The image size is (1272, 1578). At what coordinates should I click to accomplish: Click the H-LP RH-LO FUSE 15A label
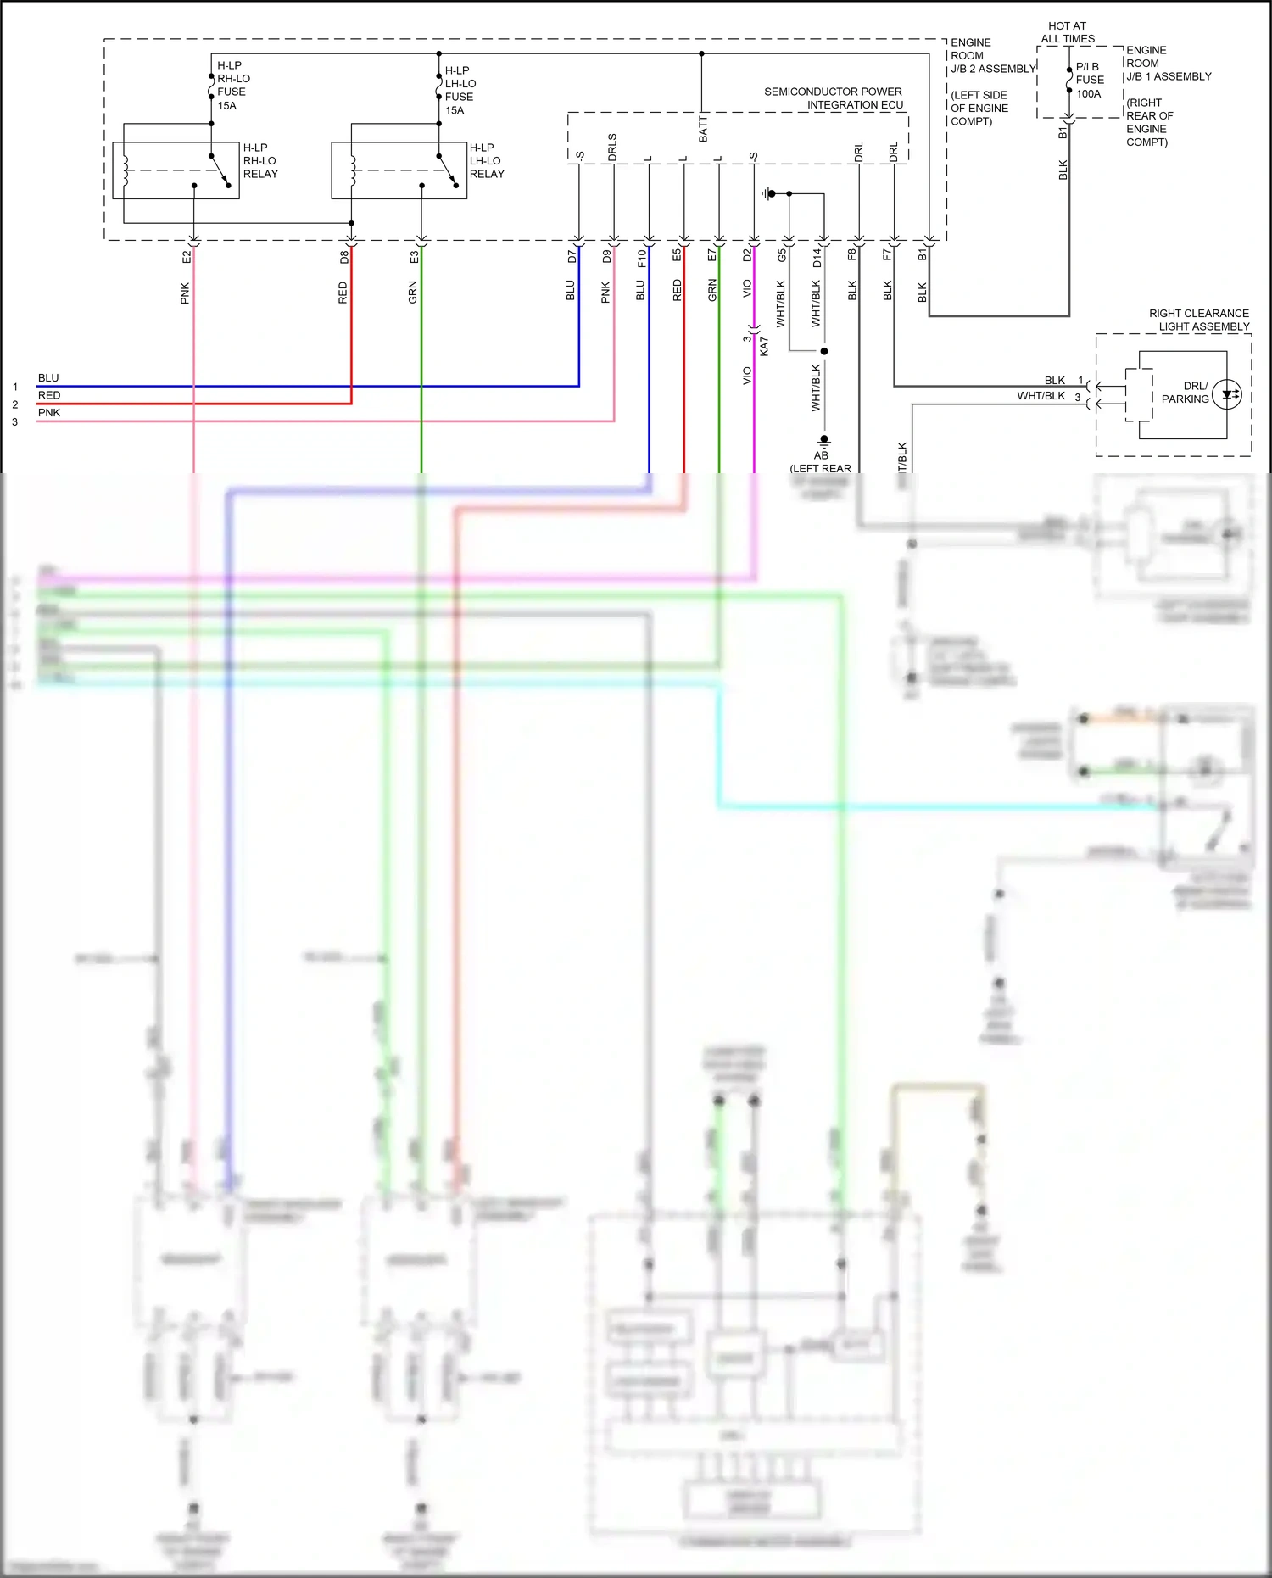[232, 85]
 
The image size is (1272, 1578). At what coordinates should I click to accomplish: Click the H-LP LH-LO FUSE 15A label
[460, 90]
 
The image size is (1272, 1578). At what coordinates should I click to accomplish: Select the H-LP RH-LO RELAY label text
[259, 160]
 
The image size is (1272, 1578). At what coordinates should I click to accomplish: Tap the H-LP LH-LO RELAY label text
[486, 160]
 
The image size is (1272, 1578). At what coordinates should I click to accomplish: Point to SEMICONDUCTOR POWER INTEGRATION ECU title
[834, 98]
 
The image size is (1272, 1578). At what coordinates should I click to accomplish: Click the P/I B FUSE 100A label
[1089, 80]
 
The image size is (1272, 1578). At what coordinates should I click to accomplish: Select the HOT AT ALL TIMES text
[1067, 32]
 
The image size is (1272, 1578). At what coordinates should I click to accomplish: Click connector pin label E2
[187, 256]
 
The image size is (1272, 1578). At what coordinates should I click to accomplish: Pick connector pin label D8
[344, 256]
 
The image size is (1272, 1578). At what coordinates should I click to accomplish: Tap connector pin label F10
[641, 258]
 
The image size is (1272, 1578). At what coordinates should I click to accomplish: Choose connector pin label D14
[817, 258]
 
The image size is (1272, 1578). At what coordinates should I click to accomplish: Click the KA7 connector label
[764, 346]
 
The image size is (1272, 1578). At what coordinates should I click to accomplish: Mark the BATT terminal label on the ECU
[703, 131]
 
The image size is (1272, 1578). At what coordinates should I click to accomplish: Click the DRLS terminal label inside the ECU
[612, 148]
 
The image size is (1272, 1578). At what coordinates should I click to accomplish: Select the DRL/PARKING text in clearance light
[1185, 393]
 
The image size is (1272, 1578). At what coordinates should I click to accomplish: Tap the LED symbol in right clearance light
[1227, 394]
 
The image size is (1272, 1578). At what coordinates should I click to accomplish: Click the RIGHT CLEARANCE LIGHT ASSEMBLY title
[1198, 320]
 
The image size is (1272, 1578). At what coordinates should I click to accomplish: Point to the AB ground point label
[821, 455]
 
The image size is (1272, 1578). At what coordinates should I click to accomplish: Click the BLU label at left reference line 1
[48, 378]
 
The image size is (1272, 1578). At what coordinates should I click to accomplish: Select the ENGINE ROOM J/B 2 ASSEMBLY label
[992, 55]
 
